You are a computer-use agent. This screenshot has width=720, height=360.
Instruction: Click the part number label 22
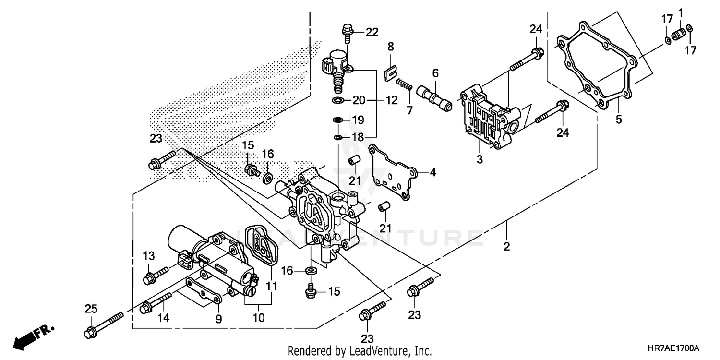(x=372, y=32)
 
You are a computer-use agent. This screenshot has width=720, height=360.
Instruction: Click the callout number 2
(x=506, y=247)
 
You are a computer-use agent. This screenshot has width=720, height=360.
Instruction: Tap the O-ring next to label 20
(x=338, y=100)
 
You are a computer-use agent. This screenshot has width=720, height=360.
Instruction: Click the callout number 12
(x=391, y=100)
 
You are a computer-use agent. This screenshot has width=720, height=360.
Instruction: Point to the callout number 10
(x=259, y=318)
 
